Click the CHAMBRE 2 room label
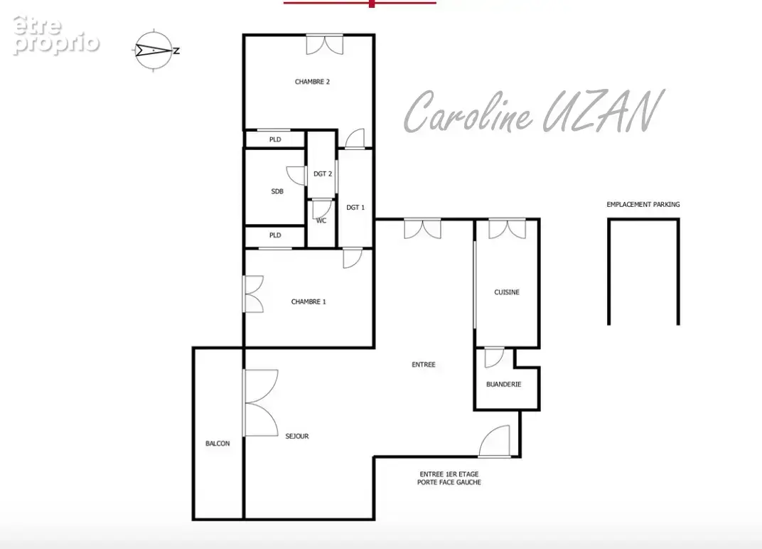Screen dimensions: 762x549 (x=312, y=82)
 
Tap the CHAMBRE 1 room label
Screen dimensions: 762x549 (x=308, y=302)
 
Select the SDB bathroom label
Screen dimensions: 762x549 (x=277, y=191)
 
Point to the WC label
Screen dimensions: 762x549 (x=321, y=220)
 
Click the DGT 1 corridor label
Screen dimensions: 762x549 (x=355, y=207)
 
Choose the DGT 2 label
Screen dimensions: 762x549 (x=323, y=174)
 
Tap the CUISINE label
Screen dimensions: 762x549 (x=507, y=292)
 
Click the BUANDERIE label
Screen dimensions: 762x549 (x=503, y=384)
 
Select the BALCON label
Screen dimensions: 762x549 (x=218, y=444)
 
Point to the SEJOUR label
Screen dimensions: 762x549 (x=297, y=436)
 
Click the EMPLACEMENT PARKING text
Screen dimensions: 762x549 (x=643, y=204)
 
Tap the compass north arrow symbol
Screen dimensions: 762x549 (x=154, y=50)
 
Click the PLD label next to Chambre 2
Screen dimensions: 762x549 (x=275, y=139)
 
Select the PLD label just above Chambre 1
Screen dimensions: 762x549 (x=275, y=235)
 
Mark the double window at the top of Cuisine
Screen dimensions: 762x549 (x=507, y=230)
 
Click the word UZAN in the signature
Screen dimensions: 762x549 (x=602, y=112)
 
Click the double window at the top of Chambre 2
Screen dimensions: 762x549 (x=325, y=44)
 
